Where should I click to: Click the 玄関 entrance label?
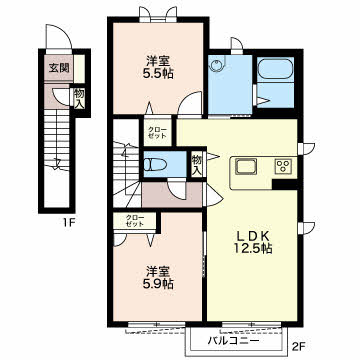59,68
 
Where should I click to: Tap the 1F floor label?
69,222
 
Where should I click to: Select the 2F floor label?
298,347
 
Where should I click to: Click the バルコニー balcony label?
234,341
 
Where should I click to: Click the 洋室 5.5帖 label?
158,68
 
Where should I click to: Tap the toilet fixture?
154,164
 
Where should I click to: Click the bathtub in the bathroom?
275,69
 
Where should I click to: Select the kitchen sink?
246,166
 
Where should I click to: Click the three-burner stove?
283,166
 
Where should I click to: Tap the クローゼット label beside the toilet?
157,133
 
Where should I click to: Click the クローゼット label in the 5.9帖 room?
135,221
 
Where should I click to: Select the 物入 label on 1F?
79,98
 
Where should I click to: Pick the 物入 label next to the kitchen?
197,165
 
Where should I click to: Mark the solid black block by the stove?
284,184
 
